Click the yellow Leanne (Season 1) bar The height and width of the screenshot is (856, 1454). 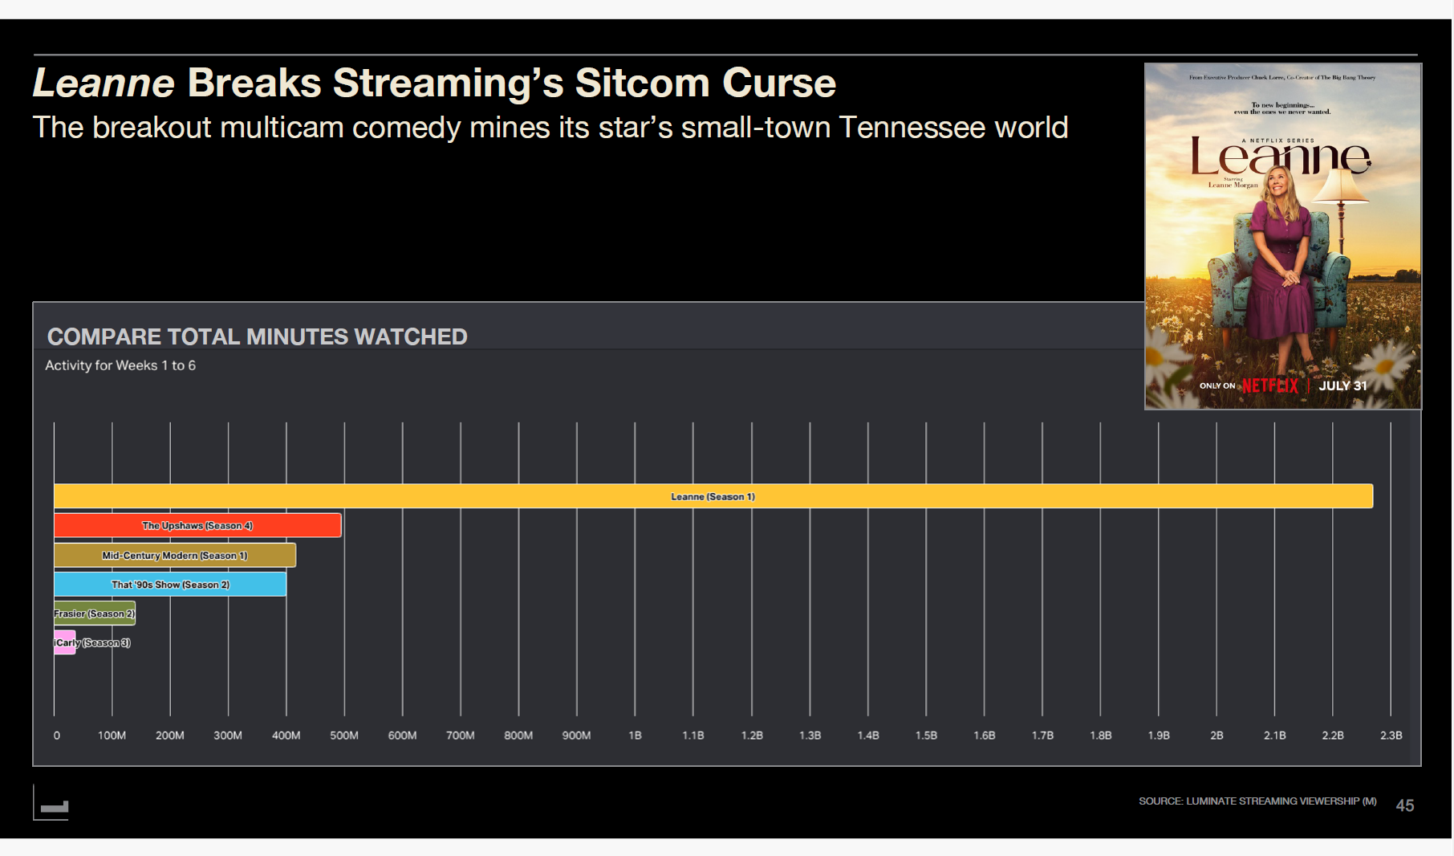click(x=713, y=496)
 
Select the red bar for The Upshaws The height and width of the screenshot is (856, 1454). click(x=197, y=526)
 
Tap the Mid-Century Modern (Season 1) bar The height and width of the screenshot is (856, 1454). click(x=174, y=555)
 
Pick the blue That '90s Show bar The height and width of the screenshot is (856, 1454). click(x=170, y=585)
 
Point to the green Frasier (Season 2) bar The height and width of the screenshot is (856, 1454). click(x=94, y=613)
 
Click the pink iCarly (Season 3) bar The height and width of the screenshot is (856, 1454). click(x=64, y=642)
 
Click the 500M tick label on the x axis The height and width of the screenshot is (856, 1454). click(x=344, y=736)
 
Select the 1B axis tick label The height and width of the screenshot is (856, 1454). click(x=635, y=736)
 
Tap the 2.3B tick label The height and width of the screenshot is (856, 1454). click(x=1391, y=736)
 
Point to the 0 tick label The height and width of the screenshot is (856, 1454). click(x=56, y=736)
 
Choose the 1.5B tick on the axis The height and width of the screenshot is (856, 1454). click(x=926, y=736)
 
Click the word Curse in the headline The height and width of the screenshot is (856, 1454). click(x=778, y=83)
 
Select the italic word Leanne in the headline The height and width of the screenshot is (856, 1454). click(x=104, y=83)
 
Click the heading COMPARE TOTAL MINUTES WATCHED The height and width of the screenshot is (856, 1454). click(x=257, y=336)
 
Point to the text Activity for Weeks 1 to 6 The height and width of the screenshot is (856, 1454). click(x=120, y=365)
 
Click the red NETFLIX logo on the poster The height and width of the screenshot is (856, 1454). click(x=1269, y=386)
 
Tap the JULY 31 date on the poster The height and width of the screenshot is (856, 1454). click(x=1342, y=386)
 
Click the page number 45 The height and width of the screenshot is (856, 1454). click(x=1404, y=805)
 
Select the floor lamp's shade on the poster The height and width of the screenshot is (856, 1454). click(x=1342, y=186)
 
